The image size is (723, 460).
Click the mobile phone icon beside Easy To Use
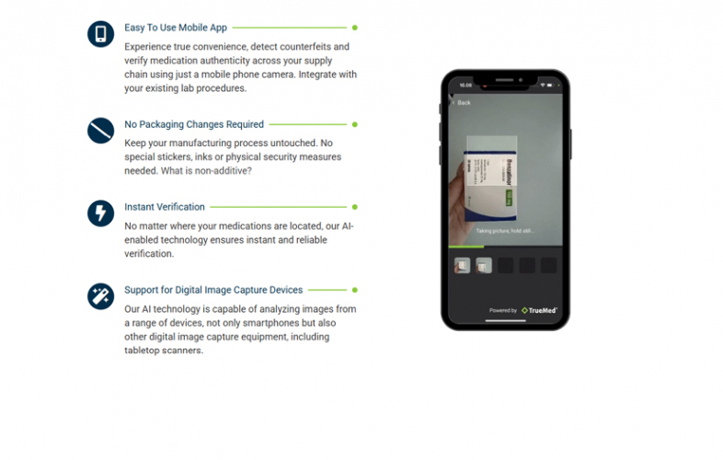[x=100, y=34]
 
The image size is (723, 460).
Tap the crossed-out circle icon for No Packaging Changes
[x=100, y=130]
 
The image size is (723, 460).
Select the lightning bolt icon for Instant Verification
[x=100, y=213]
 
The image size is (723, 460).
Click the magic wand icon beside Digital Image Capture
[x=100, y=295]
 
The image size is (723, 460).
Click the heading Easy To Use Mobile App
[x=176, y=28]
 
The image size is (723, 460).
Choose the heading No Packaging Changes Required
[x=194, y=124]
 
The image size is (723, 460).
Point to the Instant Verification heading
[x=165, y=207]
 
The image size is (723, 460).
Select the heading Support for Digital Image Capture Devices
[x=213, y=290]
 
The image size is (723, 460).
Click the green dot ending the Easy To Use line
[x=355, y=28]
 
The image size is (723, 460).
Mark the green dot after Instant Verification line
[x=355, y=207]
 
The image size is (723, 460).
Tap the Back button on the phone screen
[x=463, y=102]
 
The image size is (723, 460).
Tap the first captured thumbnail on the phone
[x=463, y=265]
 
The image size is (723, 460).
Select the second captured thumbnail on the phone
[x=484, y=265]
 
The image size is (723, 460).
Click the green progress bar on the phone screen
[x=466, y=247]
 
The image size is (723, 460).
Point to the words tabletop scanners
[x=164, y=351]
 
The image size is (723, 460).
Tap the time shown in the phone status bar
[x=465, y=85]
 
